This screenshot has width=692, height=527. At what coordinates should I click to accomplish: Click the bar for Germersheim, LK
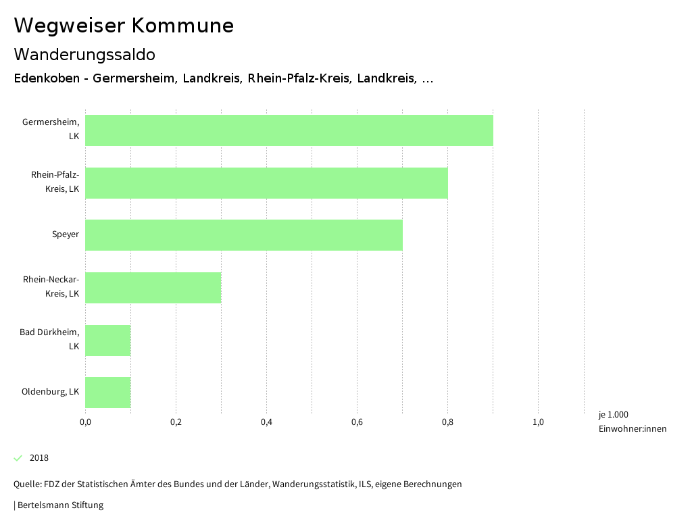pyautogui.click(x=289, y=130)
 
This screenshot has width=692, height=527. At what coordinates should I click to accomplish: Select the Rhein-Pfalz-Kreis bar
pyautogui.click(x=266, y=183)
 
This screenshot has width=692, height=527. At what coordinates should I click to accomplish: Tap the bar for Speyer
pyautogui.click(x=244, y=235)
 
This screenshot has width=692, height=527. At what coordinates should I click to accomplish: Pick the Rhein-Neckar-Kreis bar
pyautogui.click(x=153, y=288)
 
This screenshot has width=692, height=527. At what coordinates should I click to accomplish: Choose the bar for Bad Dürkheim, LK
pyautogui.click(x=108, y=341)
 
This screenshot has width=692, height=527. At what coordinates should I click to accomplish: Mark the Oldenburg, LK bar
pyautogui.click(x=108, y=393)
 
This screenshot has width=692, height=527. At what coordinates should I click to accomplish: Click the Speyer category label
pyautogui.click(x=66, y=235)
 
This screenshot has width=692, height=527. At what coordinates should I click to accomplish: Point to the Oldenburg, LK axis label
pyautogui.click(x=50, y=392)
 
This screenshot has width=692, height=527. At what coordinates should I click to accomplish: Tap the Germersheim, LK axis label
pyautogui.click(x=51, y=129)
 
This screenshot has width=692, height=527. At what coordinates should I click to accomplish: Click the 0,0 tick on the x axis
pyautogui.click(x=86, y=423)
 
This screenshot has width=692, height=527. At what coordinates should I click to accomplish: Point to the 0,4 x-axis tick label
pyautogui.click(x=266, y=423)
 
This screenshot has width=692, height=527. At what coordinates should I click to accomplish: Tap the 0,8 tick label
pyautogui.click(x=447, y=423)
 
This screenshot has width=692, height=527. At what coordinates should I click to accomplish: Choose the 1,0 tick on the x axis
pyautogui.click(x=538, y=423)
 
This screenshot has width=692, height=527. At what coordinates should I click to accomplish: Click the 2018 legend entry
pyautogui.click(x=39, y=458)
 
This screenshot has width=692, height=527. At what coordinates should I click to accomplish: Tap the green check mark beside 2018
pyautogui.click(x=18, y=458)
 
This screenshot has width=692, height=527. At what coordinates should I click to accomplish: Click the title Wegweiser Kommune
pyautogui.click(x=124, y=26)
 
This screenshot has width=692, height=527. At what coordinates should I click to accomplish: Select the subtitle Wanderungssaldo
pyautogui.click(x=84, y=54)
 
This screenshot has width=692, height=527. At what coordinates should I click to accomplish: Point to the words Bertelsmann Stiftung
pyautogui.click(x=60, y=505)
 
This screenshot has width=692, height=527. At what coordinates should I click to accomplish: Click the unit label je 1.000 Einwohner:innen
pyautogui.click(x=632, y=422)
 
